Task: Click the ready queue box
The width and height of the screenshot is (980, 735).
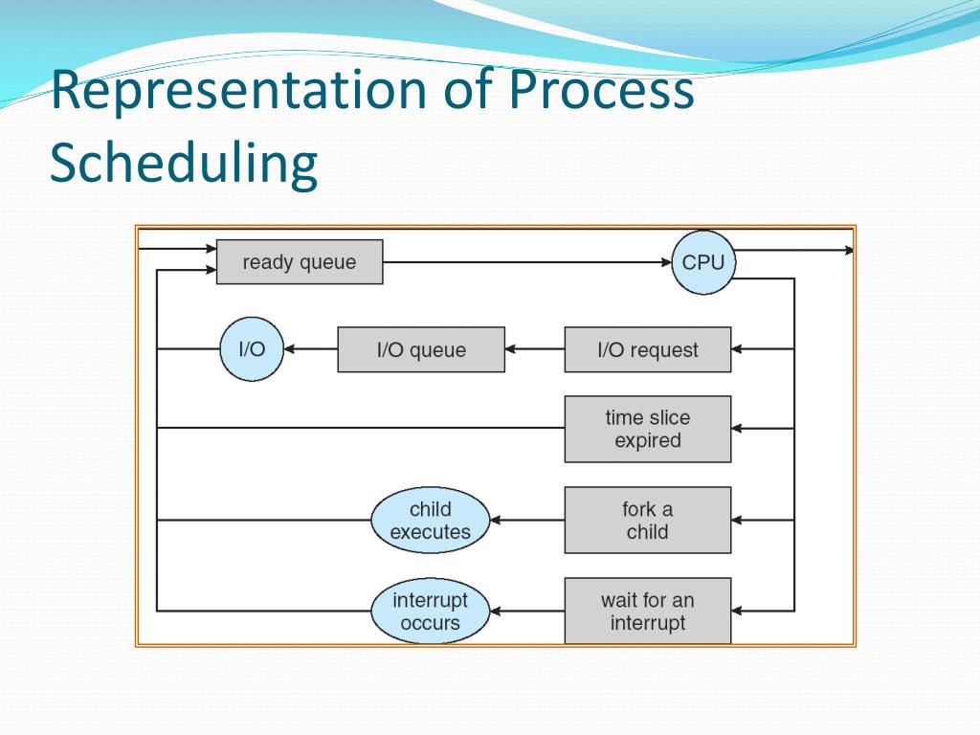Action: [x=300, y=262]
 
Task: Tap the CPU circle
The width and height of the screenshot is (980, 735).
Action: [x=703, y=261]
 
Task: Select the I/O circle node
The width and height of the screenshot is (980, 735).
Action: [x=251, y=349]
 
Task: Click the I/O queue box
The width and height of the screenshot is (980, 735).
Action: [x=421, y=349]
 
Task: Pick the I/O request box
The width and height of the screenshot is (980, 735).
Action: [x=647, y=349]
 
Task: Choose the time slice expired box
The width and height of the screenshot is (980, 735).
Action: [x=647, y=429]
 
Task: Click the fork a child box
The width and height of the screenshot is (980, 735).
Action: [x=647, y=520]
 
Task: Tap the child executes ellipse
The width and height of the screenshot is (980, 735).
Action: [x=430, y=521]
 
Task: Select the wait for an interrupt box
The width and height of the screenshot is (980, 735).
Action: [x=647, y=611]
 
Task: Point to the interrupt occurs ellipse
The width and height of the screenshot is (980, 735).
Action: [x=430, y=611]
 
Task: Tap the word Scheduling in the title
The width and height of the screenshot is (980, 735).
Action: [x=183, y=163]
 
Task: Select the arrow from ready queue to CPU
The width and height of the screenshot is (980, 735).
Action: [x=526, y=261]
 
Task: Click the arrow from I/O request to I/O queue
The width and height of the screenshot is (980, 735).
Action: [x=534, y=349]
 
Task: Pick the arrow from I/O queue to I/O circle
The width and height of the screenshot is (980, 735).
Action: [x=310, y=349]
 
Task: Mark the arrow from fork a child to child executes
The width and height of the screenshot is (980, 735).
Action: [x=526, y=521]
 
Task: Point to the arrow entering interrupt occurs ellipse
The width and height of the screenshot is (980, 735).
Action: [x=526, y=611]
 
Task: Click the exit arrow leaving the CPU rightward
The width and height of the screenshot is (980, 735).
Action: [x=794, y=251]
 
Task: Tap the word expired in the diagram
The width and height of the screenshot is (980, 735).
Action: [x=647, y=441]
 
